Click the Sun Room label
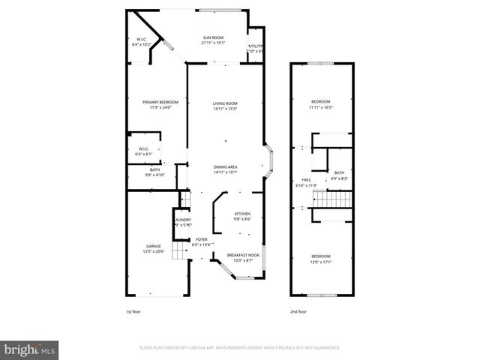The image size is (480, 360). (213, 37)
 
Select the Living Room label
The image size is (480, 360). (225, 103)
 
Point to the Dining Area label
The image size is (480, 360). (225, 166)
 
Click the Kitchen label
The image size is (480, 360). (241, 214)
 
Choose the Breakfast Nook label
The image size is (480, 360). (241, 254)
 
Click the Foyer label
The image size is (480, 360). (202, 240)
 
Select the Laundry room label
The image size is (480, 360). (183, 220)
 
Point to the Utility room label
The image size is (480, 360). (256, 46)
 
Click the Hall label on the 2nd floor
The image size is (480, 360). (306, 180)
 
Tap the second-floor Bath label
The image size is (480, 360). (339, 172)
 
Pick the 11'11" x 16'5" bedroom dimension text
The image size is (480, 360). (320, 107)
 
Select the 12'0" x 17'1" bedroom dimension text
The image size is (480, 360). (320, 262)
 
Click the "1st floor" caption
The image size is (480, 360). (133, 312)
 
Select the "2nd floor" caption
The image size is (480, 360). (298, 312)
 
